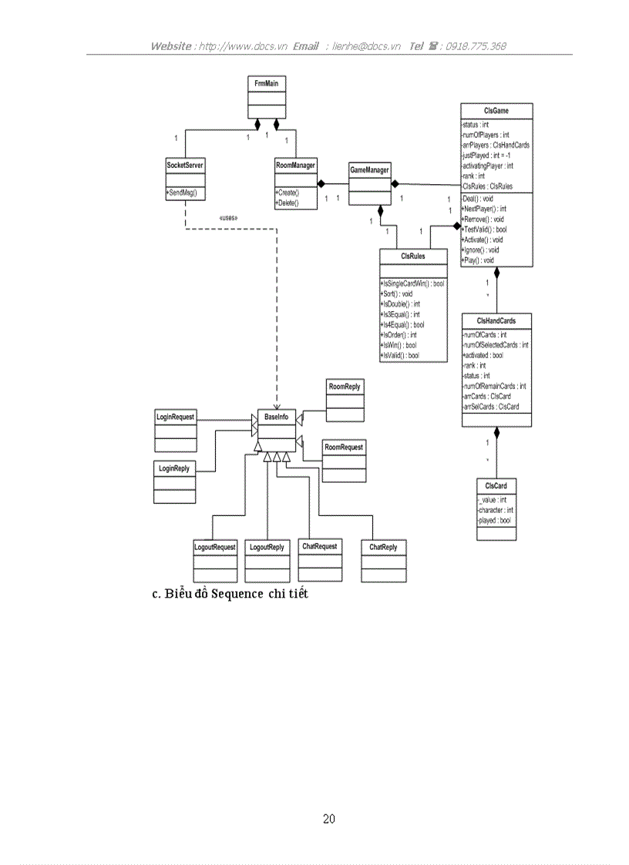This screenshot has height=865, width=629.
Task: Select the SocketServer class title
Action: tap(185, 165)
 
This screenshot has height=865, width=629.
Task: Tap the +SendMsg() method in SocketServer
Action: tap(182, 193)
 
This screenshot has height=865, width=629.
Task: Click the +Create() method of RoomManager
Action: tap(288, 191)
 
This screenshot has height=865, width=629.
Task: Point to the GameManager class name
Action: tap(369, 169)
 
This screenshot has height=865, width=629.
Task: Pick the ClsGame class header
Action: tap(496, 111)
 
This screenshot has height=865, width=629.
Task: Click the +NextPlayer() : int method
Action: tap(483, 209)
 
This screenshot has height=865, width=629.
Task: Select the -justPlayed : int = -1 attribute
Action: tap(486, 155)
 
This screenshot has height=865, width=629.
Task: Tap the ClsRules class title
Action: tap(413, 256)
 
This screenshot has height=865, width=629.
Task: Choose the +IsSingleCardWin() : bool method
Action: tap(412, 283)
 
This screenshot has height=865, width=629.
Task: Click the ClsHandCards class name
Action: tap(496, 320)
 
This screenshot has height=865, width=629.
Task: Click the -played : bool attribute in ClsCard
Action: tap(494, 521)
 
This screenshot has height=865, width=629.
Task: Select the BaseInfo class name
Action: tap(276, 416)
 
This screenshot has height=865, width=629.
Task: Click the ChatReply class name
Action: tap(383, 547)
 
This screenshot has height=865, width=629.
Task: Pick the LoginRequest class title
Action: tap(176, 417)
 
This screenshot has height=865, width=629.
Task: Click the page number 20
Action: tap(329, 819)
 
